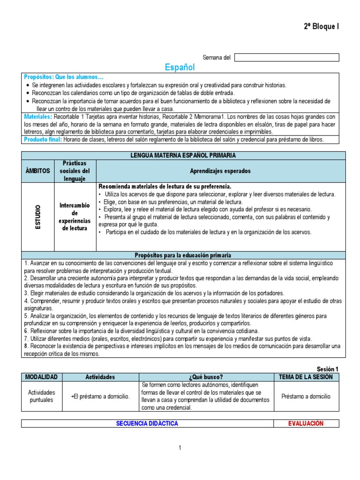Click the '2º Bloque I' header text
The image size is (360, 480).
(x=321, y=27)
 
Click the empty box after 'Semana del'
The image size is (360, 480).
(x=286, y=58)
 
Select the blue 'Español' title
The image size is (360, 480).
(x=180, y=67)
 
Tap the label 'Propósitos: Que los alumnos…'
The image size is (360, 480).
(x=64, y=77)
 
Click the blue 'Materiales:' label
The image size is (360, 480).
(x=37, y=116)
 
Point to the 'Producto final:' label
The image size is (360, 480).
(x=43, y=140)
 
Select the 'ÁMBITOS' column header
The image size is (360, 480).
(x=38, y=171)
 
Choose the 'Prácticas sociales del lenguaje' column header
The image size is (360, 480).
(x=75, y=171)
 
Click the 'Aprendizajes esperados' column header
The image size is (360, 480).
(x=220, y=171)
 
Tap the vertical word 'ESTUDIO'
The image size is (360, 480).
(x=38, y=217)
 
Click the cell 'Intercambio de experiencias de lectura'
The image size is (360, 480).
(x=75, y=217)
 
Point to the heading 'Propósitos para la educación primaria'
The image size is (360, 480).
(x=183, y=255)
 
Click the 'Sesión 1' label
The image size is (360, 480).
(x=328, y=369)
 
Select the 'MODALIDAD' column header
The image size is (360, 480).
(x=41, y=377)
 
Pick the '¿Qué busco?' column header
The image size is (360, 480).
(x=206, y=377)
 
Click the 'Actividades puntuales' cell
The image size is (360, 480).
(x=41, y=396)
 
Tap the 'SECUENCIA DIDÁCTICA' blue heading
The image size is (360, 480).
(x=147, y=424)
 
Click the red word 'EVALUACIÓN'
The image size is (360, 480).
(x=306, y=424)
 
